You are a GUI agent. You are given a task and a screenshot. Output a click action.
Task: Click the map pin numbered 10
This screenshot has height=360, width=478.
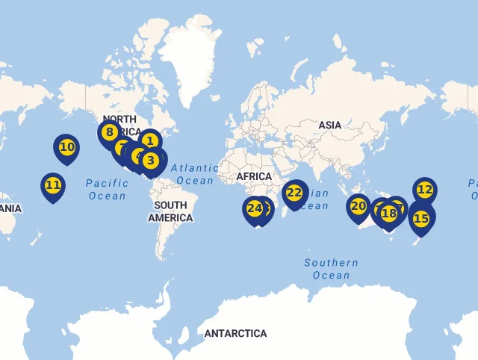coord(67,147)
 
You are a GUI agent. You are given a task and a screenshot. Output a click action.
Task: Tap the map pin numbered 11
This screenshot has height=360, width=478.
coord(53,184)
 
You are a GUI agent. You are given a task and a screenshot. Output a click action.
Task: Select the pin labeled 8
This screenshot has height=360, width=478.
coord(109,133)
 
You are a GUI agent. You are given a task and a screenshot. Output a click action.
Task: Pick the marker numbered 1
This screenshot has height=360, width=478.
coord(150,140)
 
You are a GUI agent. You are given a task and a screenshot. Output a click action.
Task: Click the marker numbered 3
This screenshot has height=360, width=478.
coord(151,159)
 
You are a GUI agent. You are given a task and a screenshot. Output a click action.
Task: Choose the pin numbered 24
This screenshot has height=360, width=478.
coord(255,208)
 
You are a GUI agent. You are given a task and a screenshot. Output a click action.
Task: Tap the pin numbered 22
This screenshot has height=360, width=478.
coord(294,193)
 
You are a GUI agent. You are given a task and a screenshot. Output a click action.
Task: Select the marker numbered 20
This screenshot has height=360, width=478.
coord(358,205)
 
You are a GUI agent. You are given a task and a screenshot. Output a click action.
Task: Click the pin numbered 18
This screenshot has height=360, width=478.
coord(389,213)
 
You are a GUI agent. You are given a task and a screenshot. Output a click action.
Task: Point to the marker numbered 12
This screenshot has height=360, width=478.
coord(424,190)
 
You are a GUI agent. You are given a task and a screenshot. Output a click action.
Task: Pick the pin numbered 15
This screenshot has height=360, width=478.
coord(421,218)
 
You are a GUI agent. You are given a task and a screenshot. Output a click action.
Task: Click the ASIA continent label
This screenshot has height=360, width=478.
coord(330,125)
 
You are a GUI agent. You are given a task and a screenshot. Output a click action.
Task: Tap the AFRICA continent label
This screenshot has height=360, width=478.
coord(254,176)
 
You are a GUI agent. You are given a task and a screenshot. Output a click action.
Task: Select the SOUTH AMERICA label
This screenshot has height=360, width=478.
coord(170,211)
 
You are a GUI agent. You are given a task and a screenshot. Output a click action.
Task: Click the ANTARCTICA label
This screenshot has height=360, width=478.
coord(235,333)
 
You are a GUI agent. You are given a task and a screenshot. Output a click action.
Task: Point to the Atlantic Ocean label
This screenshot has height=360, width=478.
coord(195,174)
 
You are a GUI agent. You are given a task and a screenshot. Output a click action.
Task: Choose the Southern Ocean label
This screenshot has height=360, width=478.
coord(331,269)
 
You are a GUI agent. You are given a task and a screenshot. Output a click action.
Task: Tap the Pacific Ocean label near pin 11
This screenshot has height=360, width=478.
coord(107,189)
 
